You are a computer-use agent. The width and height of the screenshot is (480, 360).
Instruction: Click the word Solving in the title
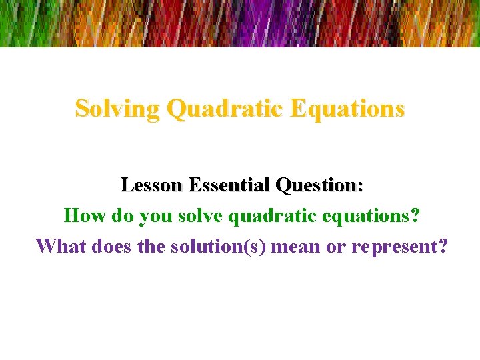(x=117, y=108)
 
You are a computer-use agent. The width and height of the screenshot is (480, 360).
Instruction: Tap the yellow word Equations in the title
(x=353, y=108)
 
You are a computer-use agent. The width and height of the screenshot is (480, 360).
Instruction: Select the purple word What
(x=60, y=246)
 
